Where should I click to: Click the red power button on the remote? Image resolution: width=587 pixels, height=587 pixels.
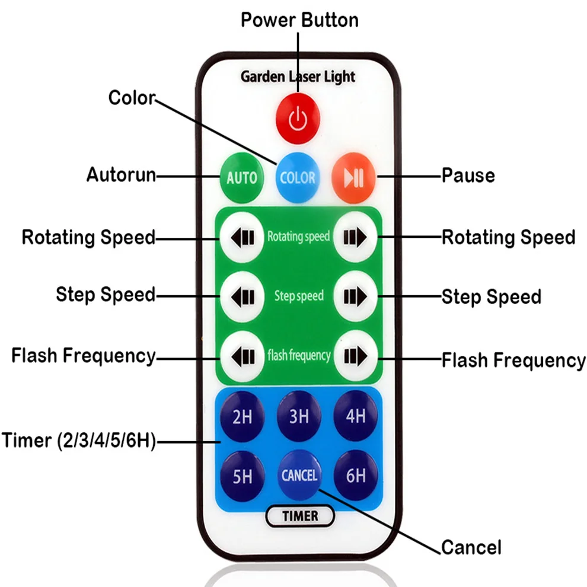[298, 119]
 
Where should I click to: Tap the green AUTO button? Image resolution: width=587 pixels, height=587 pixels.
[242, 177]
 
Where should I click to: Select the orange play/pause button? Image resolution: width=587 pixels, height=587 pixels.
[353, 177]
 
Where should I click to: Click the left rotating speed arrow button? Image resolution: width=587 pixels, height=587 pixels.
[243, 237]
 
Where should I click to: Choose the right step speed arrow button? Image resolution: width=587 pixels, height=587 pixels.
[355, 296]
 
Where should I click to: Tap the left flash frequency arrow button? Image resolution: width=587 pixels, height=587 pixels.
[243, 356]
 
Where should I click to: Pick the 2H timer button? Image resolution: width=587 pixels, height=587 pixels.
[243, 416]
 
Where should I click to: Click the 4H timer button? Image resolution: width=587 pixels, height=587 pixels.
[356, 416]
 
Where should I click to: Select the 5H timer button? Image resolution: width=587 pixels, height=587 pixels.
[243, 476]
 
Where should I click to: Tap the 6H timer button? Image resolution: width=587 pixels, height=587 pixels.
[356, 476]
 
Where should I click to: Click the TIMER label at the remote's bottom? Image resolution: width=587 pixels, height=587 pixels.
[300, 516]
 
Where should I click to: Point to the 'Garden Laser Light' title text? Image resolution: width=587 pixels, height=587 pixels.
[298, 76]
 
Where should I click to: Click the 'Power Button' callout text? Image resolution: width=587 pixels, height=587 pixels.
[299, 20]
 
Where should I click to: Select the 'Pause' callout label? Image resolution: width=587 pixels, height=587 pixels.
[468, 175]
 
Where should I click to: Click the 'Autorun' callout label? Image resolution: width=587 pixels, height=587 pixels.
[121, 174]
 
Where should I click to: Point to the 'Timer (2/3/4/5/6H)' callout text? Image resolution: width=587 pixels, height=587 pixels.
[79, 440]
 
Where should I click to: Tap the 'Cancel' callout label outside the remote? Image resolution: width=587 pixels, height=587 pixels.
[471, 547]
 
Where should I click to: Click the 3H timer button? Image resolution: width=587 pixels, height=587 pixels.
[299, 416]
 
